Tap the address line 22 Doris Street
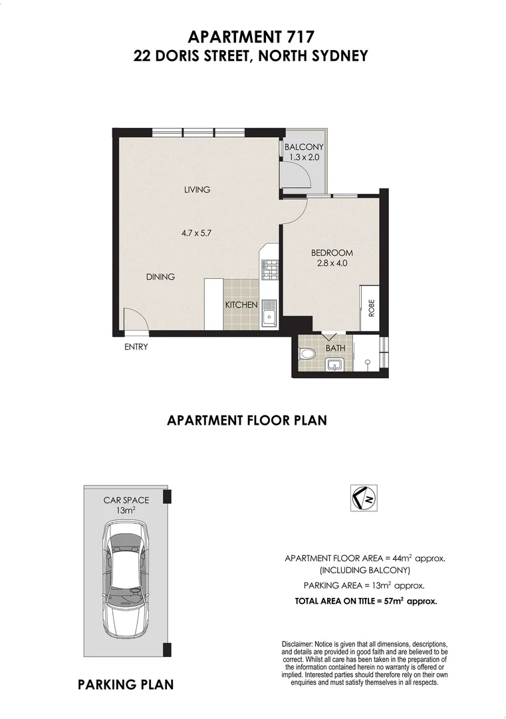point(251,57)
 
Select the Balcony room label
point(303,147)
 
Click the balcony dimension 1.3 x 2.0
point(304,158)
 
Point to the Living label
point(197,190)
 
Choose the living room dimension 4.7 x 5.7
point(196,233)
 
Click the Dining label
point(160,277)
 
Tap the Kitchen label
point(241,305)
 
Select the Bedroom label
point(332,253)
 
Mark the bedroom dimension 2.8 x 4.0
point(332,263)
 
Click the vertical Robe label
point(371,308)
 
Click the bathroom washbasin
point(334,365)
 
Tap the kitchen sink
point(271,312)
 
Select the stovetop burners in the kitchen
point(271,268)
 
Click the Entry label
point(136,347)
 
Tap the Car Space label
point(125,500)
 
